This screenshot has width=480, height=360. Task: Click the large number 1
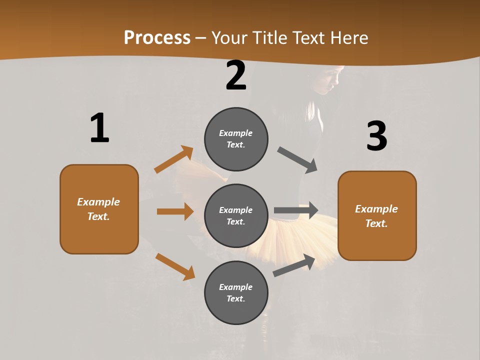tap(99, 128)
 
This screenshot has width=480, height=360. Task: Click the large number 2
tap(236, 76)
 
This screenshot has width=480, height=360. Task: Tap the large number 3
tap(376, 136)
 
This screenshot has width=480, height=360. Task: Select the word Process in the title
tap(157, 37)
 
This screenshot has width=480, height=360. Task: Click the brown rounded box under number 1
tap(99, 209)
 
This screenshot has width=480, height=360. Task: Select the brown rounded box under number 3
tap(377, 216)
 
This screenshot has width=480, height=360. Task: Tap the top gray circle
tap(236, 139)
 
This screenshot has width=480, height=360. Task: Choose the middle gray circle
tap(236, 216)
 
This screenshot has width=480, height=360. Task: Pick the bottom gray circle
tap(236, 293)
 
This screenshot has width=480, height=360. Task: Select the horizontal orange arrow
tap(175, 211)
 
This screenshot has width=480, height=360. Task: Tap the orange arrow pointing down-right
tap(175, 266)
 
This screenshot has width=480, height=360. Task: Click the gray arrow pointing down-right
tap(297, 159)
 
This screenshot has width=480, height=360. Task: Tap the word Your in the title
tap(228, 37)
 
